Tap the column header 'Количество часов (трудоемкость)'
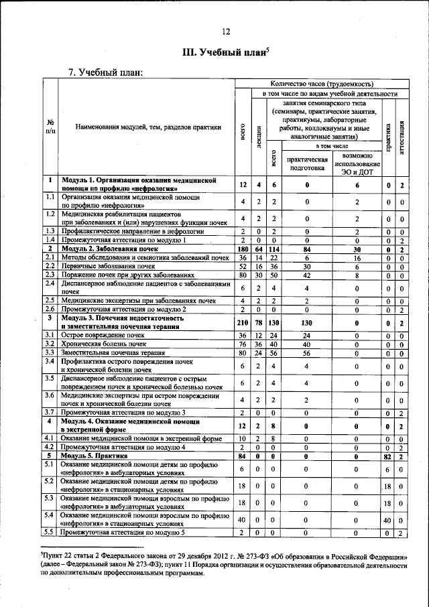[x=320, y=84]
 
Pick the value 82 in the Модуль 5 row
[x=387, y=457]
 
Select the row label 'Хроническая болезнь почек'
[x=103, y=343]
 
